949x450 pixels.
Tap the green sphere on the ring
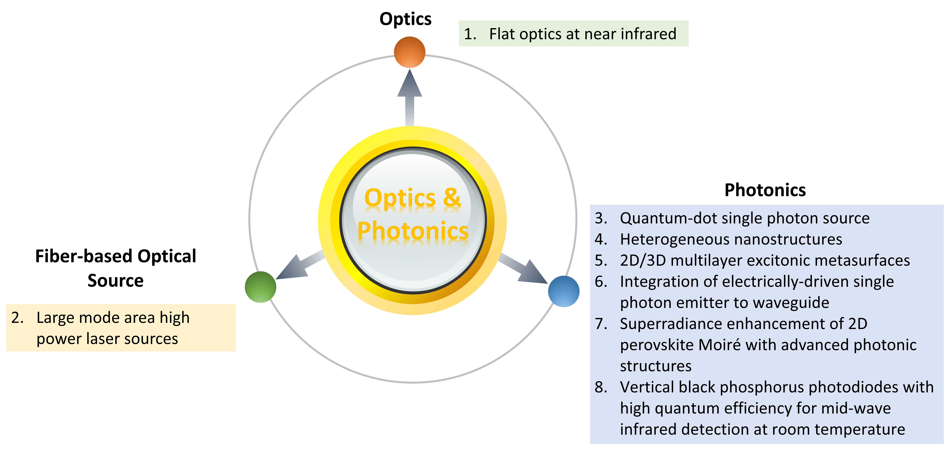point(260,287)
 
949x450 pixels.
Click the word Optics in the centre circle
point(400,198)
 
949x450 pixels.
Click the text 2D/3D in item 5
point(643,260)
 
